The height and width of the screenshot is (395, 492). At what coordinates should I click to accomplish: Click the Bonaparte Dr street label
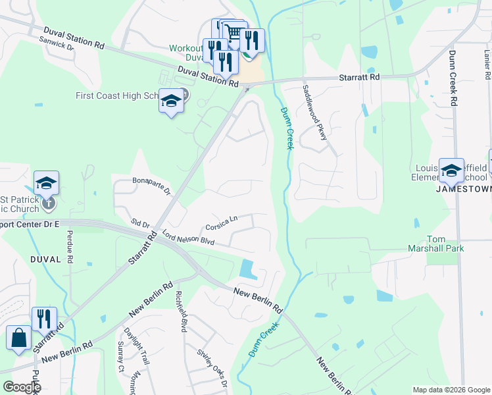pos(151,186)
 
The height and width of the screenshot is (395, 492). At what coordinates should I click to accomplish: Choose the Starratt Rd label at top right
pos(360,77)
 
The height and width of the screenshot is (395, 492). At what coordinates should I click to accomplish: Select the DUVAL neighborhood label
pos(45,259)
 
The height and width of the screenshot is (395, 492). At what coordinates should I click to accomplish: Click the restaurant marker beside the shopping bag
pos(44,319)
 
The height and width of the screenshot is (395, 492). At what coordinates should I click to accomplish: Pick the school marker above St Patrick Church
pos(47,182)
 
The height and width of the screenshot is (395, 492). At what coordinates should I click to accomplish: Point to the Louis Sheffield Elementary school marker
pos(452,170)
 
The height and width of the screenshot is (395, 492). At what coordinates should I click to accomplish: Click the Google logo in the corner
pos(21,387)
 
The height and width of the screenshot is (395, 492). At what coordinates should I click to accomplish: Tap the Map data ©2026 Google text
pos(451,390)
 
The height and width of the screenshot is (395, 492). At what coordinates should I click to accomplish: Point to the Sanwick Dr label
pos(57,44)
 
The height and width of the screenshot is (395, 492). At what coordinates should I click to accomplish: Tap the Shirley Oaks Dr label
pos(212,367)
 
